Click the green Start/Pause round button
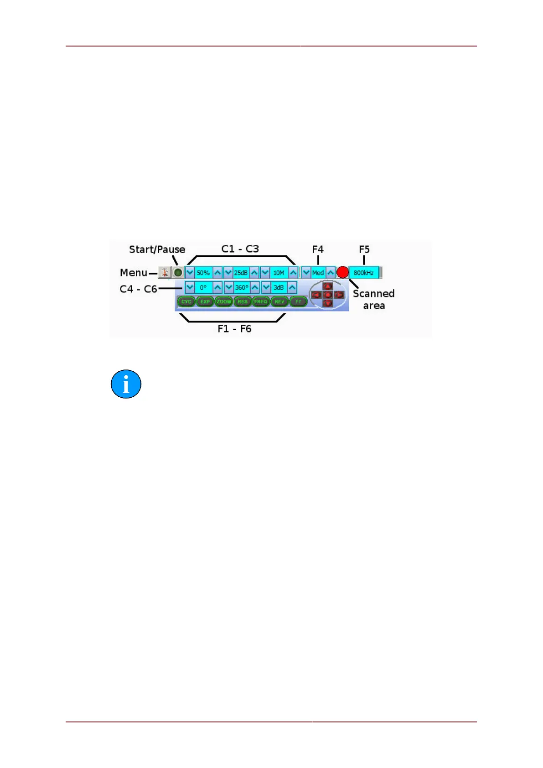(x=178, y=273)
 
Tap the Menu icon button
(x=165, y=273)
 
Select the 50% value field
(x=203, y=273)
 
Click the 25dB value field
(x=241, y=273)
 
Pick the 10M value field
(x=279, y=273)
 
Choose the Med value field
(x=318, y=273)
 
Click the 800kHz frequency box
(x=364, y=273)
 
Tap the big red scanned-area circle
(x=342, y=273)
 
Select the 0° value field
(x=203, y=288)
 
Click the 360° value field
(x=242, y=288)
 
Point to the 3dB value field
(x=279, y=288)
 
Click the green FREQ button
(x=261, y=301)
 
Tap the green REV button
(x=279, y=301)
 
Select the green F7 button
(x=298, y=301)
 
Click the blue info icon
(x=126, y=384)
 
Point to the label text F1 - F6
(x=234, y=329)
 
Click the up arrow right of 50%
(x=218, y=273)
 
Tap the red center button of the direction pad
(x=327, y=295)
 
